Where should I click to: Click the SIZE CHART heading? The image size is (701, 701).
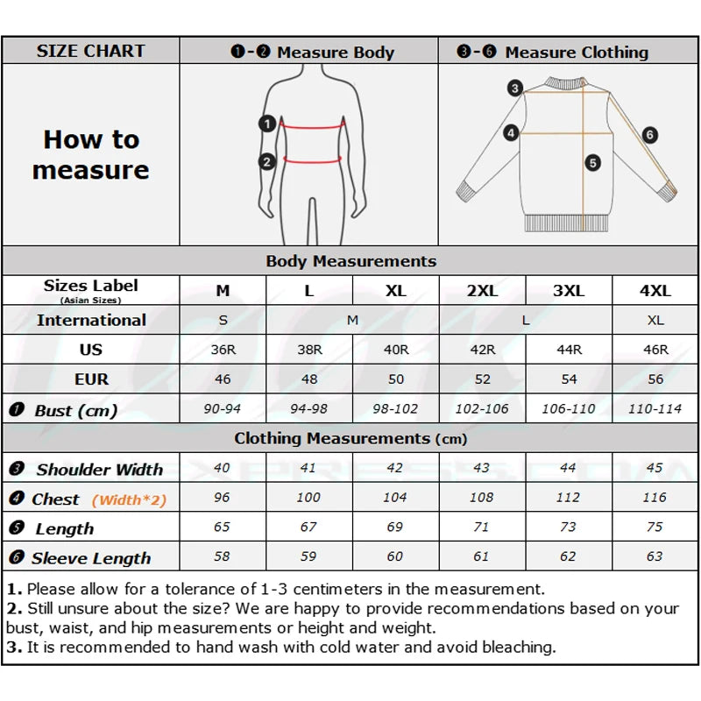pos(90,51)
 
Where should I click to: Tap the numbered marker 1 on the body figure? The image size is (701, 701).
pos(267,124)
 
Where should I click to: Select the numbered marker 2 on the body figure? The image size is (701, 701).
pos(267,161)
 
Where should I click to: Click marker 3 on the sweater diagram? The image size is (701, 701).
pos(515,89)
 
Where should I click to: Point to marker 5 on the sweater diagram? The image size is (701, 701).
pos(593,162)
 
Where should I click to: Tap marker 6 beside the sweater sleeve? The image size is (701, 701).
pos(649,135)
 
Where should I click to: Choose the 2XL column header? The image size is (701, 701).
pos(482,291)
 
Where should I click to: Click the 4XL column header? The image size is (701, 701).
pos(655,291)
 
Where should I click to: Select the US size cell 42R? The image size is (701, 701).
pos(482,350)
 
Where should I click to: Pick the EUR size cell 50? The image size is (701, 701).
pos(396,379)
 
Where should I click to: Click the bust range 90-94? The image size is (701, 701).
pos(223,409)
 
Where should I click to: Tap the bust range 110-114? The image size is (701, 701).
pos(655,409)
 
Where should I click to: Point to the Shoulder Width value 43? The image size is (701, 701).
pos(482,468)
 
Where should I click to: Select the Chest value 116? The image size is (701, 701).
pos(655,498)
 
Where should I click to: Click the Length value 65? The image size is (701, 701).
pos(223,528)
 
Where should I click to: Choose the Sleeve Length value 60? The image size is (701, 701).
pos(396,556)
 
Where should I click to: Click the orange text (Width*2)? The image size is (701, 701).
pos(129,500)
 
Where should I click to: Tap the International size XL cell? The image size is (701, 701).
pos(655,321)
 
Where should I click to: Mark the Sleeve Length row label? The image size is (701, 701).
pos(91,558)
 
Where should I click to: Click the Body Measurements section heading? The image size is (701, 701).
pos(350,261)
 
